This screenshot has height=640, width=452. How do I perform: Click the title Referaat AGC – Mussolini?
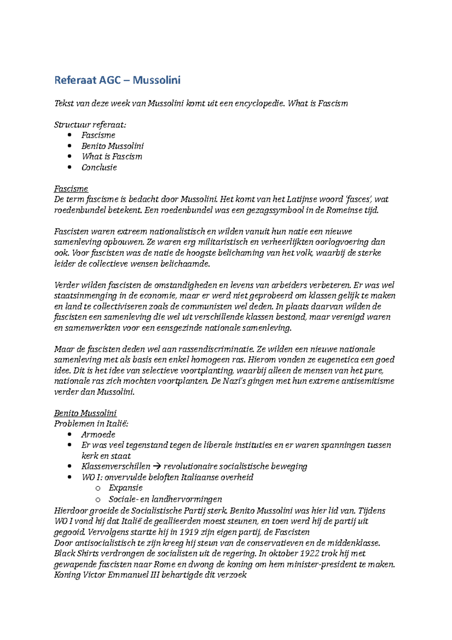pos(117,80)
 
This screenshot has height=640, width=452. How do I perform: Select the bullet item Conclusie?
pos(99,167)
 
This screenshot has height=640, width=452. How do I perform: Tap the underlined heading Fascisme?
pos(71,189)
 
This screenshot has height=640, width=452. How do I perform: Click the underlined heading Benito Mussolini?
pos(85,413)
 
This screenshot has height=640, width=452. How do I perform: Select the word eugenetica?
pos(334,360)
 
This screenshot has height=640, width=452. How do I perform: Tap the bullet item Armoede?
pos(98,435)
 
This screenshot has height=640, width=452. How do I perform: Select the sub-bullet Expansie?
pos(125,488)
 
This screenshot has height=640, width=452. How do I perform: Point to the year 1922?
pos(312,554)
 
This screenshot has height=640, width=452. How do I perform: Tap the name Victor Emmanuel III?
pos(121,575)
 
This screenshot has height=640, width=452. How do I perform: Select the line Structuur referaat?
pos(90,125)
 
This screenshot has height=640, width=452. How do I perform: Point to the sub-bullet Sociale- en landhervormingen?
pos(165,499)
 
